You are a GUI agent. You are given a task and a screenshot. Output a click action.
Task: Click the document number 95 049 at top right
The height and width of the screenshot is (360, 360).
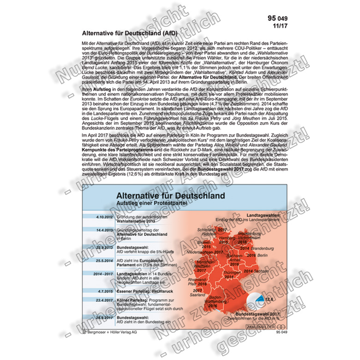(275, 18)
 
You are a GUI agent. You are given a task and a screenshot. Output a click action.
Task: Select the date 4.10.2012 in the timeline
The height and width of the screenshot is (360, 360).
(102, 216)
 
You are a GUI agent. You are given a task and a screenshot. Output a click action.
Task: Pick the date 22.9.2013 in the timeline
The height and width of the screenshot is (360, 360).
(102, 247)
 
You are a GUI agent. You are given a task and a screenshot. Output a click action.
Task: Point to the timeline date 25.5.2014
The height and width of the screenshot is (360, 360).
(102, 260)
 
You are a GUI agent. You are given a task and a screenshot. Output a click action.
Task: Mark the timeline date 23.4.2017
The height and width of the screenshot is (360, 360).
(102, 300)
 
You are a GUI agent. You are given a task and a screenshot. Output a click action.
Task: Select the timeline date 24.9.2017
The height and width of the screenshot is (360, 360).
(102, 318)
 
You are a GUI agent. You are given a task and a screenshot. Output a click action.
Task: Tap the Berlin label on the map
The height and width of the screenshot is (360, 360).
(262, 255)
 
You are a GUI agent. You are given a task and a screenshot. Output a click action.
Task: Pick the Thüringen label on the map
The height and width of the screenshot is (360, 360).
(231, 273)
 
